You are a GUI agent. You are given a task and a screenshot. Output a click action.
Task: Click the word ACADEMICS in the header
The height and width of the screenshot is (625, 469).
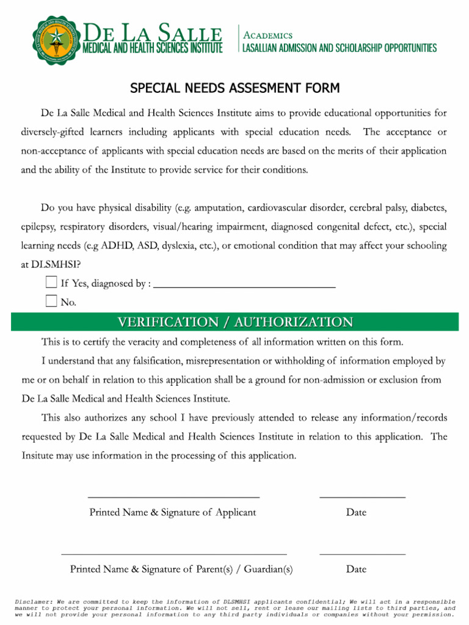pyautogui.click(x=268, y=35)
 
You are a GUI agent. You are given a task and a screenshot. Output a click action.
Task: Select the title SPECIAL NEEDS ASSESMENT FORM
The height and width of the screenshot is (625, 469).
pyautogui.click(x=234, y=89)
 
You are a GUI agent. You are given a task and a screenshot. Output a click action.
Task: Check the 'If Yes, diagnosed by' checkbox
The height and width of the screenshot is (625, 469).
pyautogui.click(x=51, y=283)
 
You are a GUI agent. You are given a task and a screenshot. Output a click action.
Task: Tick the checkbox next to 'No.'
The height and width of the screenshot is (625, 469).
pyautogui.click(x=51, y=301)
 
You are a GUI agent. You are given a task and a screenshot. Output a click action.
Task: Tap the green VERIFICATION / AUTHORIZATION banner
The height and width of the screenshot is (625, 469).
pyautogui.click(x=234, y=322)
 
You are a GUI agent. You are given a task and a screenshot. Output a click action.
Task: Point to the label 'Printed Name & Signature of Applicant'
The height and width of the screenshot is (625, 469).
pyautogui.click(x=173, y=513)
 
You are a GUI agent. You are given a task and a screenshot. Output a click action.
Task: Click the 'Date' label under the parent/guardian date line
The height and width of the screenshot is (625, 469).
pyautogui.click(x=356, y=569)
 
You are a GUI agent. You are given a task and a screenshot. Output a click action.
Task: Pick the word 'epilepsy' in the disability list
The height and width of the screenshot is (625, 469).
pyautogui.click(x=38, y=227)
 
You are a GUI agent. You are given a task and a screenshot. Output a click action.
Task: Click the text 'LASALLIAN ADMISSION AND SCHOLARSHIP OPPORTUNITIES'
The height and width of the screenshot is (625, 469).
pyautogui.click(x=340, y=48)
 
